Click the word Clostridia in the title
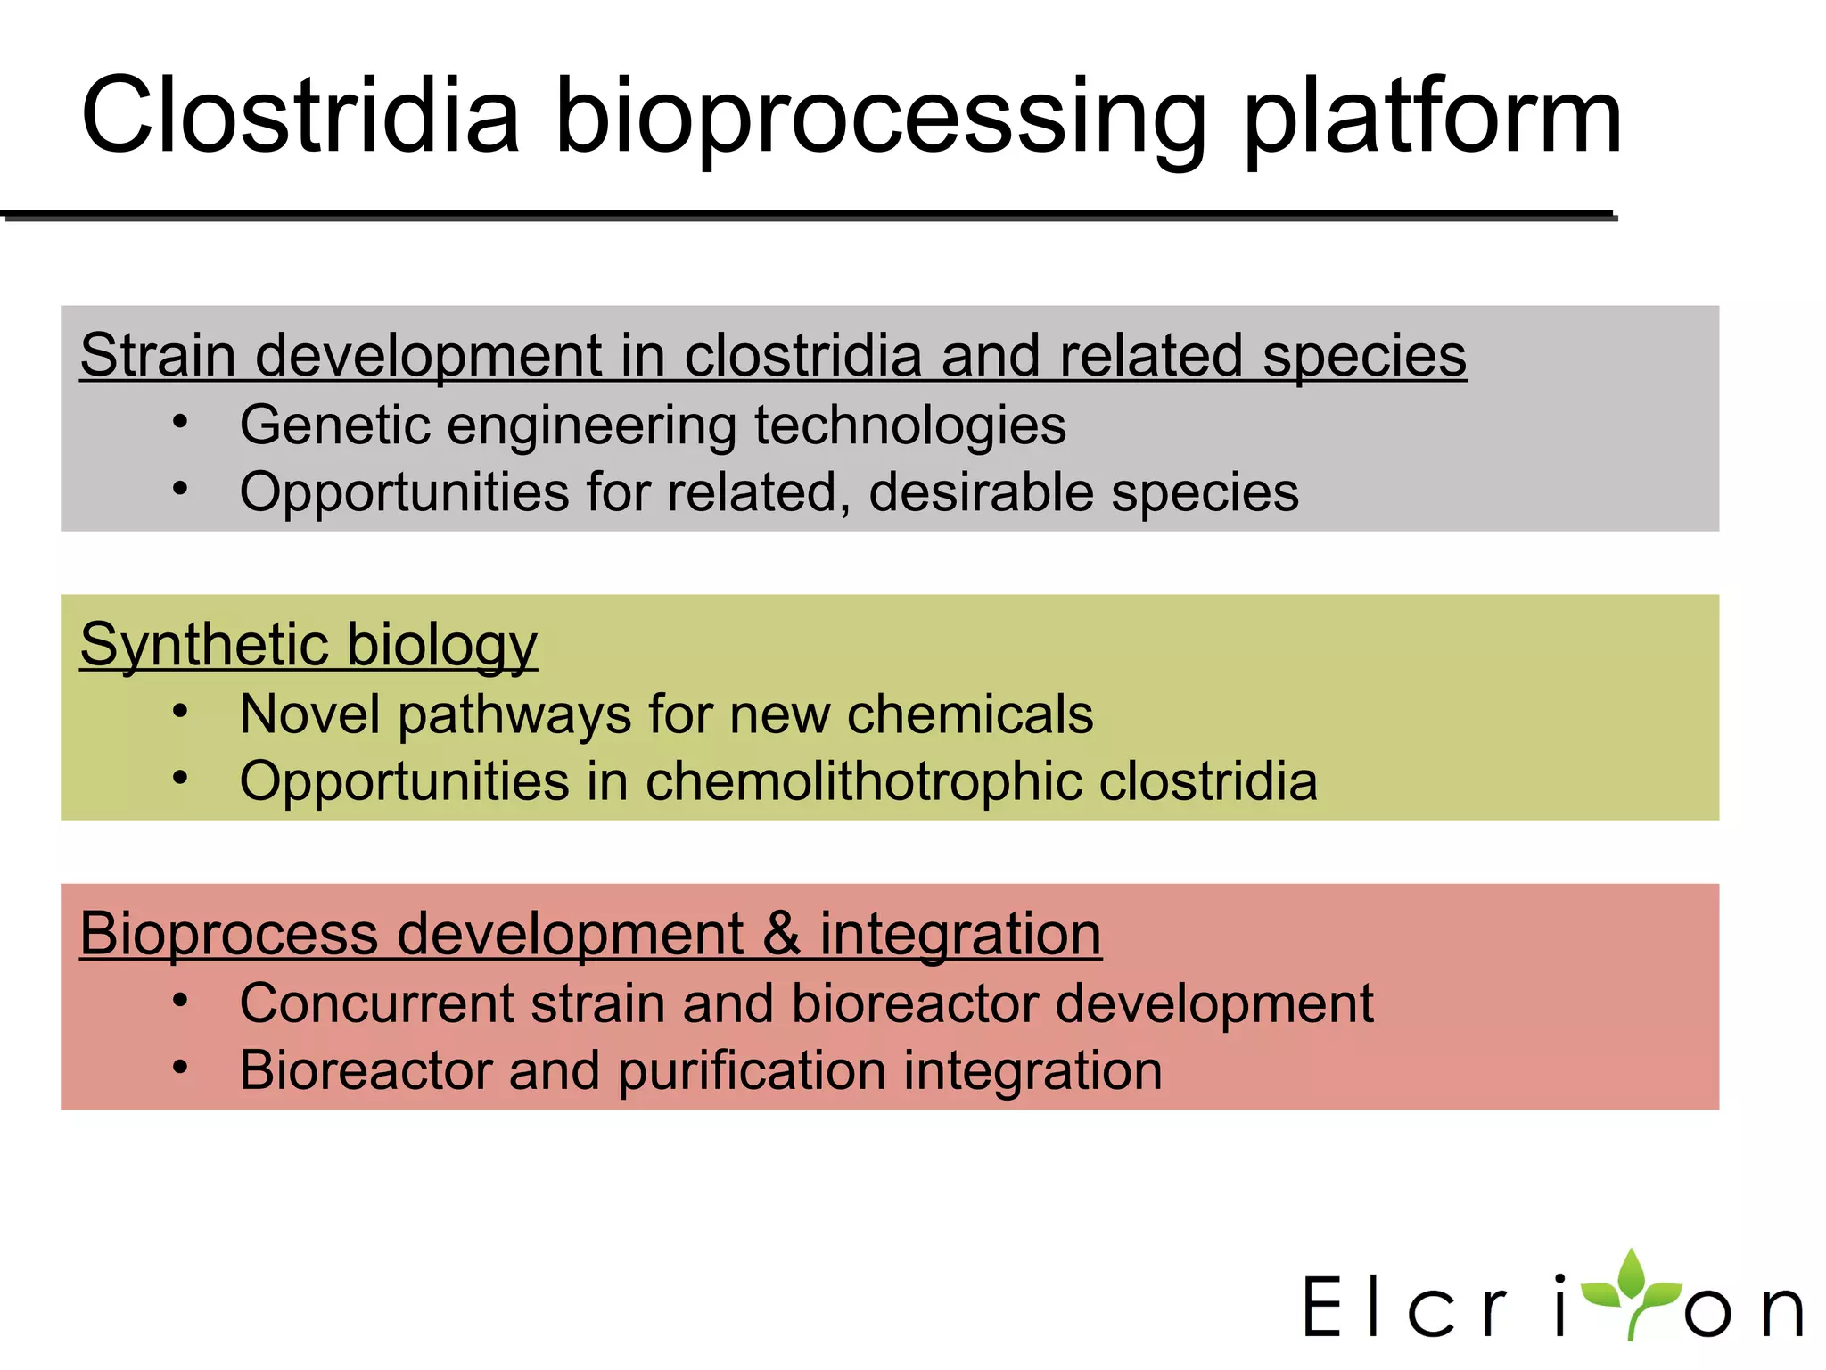tap(300, 116)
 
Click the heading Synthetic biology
tap(308, 644)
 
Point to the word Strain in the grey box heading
tap(158, 355)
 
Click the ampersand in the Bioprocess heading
tap(781, 934)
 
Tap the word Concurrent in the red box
tap(375, 1003)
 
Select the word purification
tap(752, 1071)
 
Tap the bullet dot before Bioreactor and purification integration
tap(180, 1067)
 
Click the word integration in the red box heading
tap(960, 934)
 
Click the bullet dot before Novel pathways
tap(180, 711)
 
